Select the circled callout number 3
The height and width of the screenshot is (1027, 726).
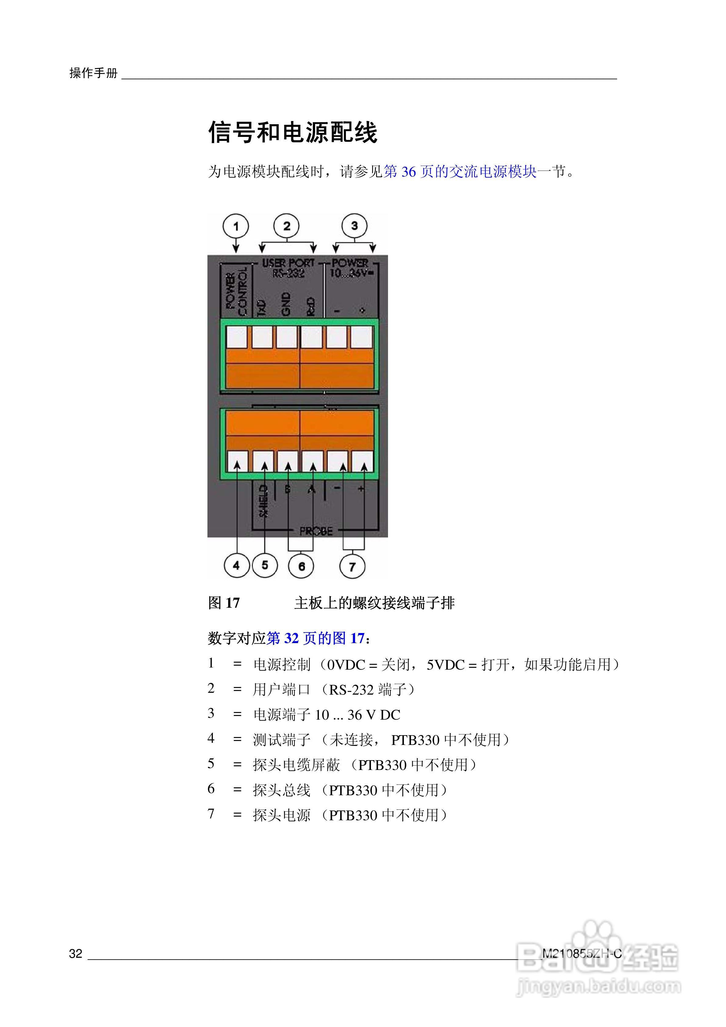click(x=354, y=226)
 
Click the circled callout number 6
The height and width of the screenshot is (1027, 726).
click(x=301, y=566)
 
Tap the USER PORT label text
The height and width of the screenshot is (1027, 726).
click(x=288, y=263)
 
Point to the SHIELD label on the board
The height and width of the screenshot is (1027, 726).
click(x=264, y=501)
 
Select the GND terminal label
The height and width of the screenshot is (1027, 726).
click(x=286, y=304)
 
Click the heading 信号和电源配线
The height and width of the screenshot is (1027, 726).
click(x=293, y=132)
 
